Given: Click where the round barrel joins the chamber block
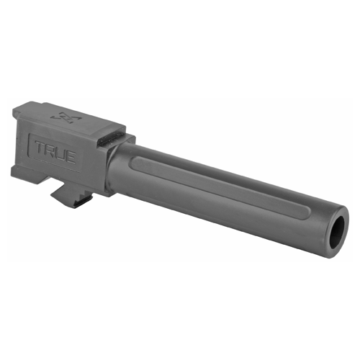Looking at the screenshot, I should [x=109, y=169].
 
